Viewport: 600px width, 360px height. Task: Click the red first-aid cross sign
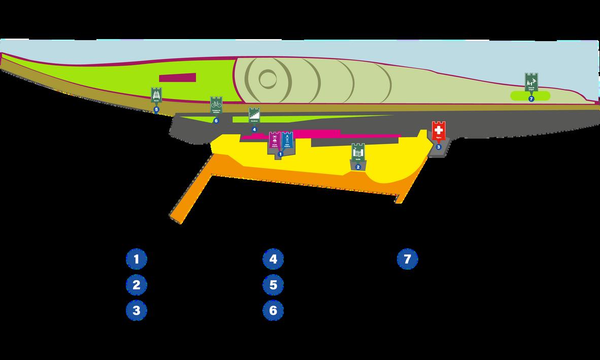click(x=438, y=131)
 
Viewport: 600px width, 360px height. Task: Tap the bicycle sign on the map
click(x=216, y=105)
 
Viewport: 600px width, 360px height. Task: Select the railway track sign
click(x=156, y=95)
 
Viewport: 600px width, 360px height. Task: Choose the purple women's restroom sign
click(x=275, y=140)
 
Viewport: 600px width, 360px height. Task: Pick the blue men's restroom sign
click(x=288, y=140)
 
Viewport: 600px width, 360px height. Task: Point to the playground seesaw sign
click(x=531, y=82)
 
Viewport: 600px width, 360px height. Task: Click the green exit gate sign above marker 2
click(x=358, y=152)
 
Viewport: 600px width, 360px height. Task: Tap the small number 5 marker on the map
click(x=156, y=109)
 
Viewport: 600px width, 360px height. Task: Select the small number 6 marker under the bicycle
click(x=216, y=120)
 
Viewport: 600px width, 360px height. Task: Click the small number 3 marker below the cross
click(x=439, y=147)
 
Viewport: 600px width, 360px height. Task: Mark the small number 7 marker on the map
click(x=531, y=99)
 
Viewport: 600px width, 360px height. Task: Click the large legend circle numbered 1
click(x=137, y=259)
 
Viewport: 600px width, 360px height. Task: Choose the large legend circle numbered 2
click(x=137, y=285)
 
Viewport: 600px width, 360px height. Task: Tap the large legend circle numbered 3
click(x=137, y=310)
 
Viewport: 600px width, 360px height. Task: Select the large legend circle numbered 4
click(x=273, y=259)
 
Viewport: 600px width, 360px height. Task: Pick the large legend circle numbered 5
click(x=273, y=285)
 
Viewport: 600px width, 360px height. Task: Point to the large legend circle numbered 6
click(x=273, y=310)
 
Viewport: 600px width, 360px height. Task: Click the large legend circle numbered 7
click(x=407, y=259)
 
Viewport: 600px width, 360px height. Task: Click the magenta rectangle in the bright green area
click(x=178, y=78)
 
